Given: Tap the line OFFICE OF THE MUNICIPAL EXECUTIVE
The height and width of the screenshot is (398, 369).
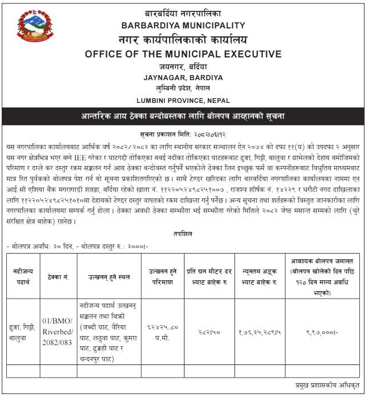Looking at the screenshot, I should click(x=183, y=55).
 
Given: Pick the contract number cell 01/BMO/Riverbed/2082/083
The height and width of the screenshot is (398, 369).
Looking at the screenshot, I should click(x=58, y=330).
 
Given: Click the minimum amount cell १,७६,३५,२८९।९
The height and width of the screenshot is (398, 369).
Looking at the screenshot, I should click(x=258, y=330).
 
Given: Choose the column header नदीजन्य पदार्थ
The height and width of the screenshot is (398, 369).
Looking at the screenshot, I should click(x=23, y=276).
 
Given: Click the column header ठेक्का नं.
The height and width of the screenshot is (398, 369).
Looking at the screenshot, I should click(x=58, y=276).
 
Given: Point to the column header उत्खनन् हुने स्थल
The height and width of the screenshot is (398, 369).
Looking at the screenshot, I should click(x=108, y=276).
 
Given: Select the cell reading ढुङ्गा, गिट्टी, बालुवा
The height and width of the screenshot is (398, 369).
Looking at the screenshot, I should click(x=23, y=330).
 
